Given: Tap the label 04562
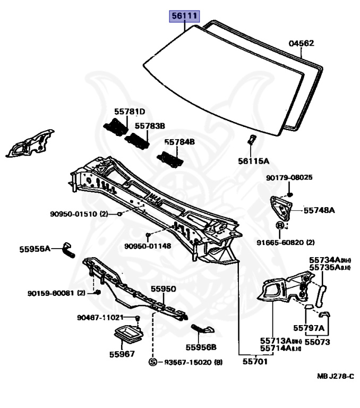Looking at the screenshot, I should tap(301, 44).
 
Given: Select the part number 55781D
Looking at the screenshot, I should tap(129, 112).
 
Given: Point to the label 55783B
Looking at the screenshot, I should tap(149, 126).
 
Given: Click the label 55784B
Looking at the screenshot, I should tap(179, 142).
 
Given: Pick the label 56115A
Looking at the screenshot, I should tap(253, 160).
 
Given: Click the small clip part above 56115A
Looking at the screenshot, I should tap(253, 141).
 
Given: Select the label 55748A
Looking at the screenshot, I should tap(319, 210).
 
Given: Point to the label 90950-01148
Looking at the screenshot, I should tap(148, 246).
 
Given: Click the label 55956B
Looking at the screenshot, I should tap(201, 347).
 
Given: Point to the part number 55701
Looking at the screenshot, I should tap(255, 361).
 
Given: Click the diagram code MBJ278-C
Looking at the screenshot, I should tap(335, 376).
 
